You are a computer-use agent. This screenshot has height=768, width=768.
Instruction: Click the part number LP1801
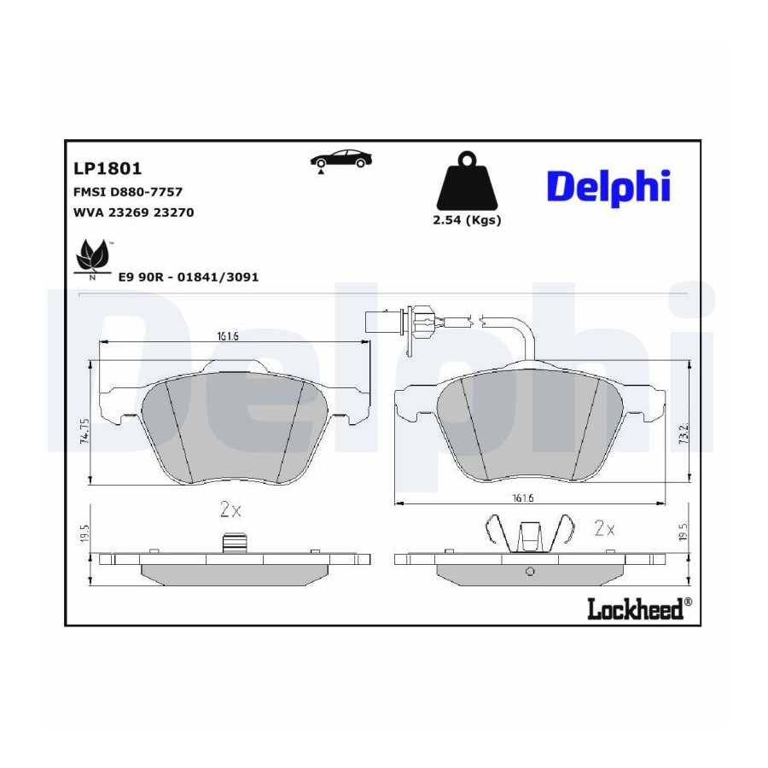tap(108, 168)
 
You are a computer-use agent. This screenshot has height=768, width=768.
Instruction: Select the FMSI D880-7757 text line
tap(128, 192)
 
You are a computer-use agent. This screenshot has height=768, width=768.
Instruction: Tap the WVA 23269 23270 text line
tap(134, 212)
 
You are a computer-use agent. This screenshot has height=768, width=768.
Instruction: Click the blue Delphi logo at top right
tap(608, 188)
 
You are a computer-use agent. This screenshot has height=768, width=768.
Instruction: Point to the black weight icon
tap(467, 181)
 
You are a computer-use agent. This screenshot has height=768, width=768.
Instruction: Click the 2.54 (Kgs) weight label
tap(467, 220)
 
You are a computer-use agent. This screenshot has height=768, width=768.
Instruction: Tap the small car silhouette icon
tap(340, 160)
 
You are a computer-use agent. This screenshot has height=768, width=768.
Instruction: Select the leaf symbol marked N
tap(92, 258)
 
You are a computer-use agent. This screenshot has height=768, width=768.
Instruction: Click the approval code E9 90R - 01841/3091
tap(189, 277)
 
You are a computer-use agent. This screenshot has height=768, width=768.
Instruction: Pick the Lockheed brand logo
tap(639, 608)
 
